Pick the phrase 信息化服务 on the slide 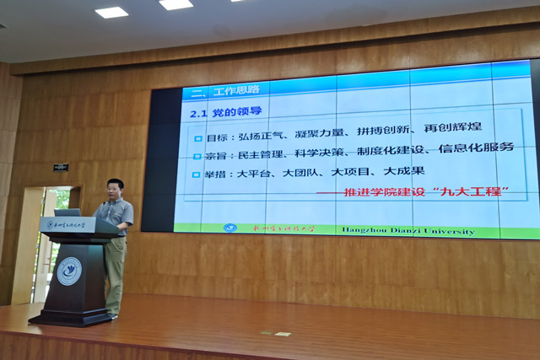click(x=479, y=148)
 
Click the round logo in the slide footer click(x=229, y=228)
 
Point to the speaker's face click(x=116, y=188)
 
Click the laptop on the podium click(x=67, y=212)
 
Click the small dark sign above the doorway click(x=61, y=167)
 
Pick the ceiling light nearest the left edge click(x=111, y=13)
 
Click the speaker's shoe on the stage click(x=112, y=316)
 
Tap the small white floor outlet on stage click(x=281, y=334)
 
